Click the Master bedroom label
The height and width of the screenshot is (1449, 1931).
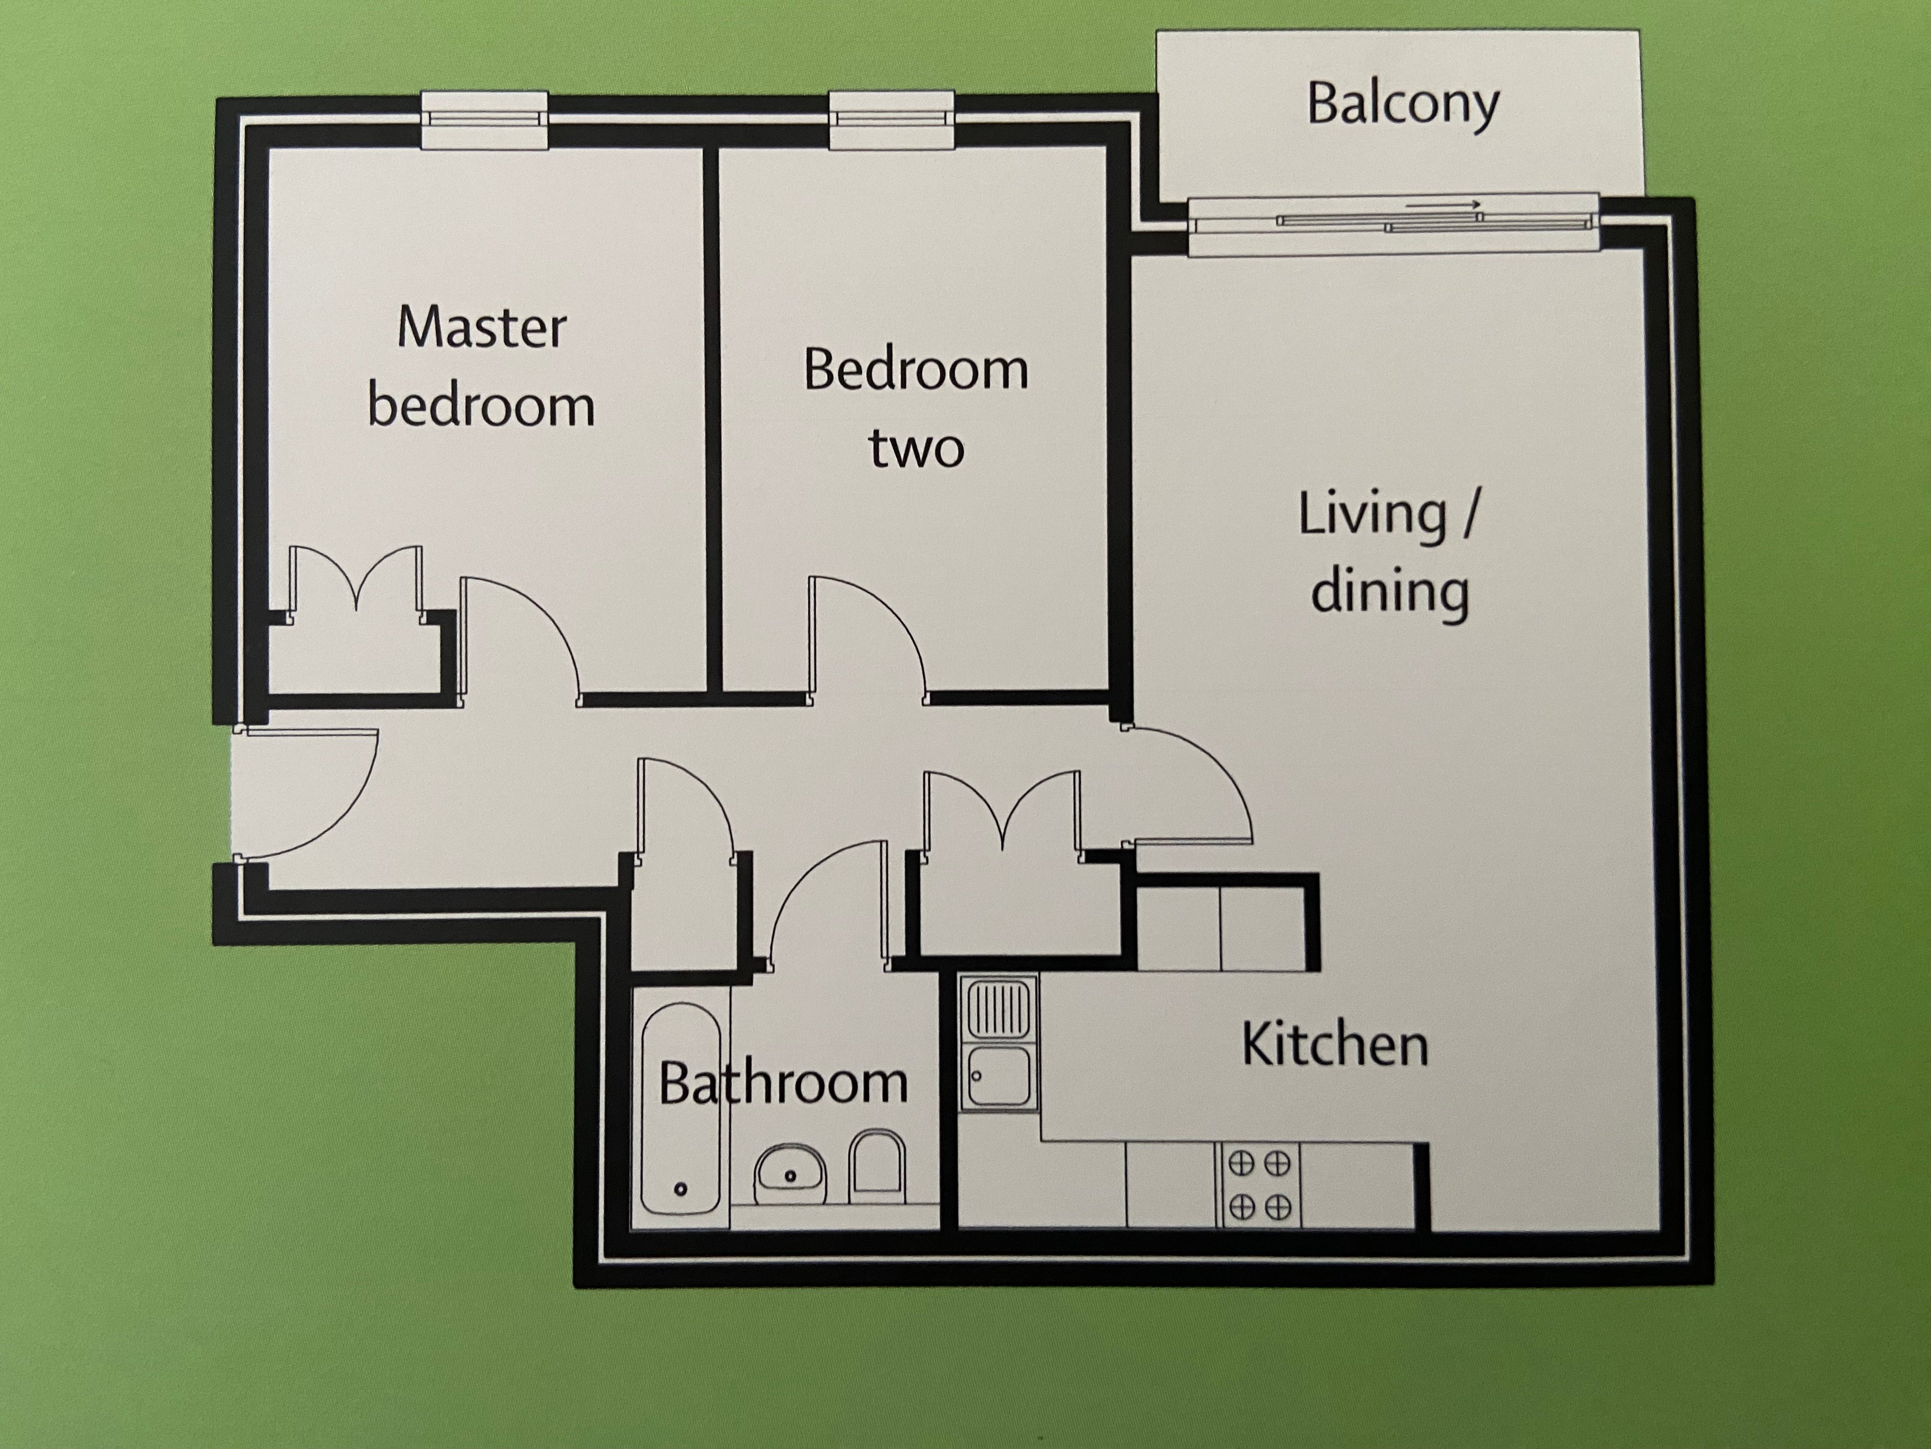481,367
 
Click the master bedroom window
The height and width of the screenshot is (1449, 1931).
485,121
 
